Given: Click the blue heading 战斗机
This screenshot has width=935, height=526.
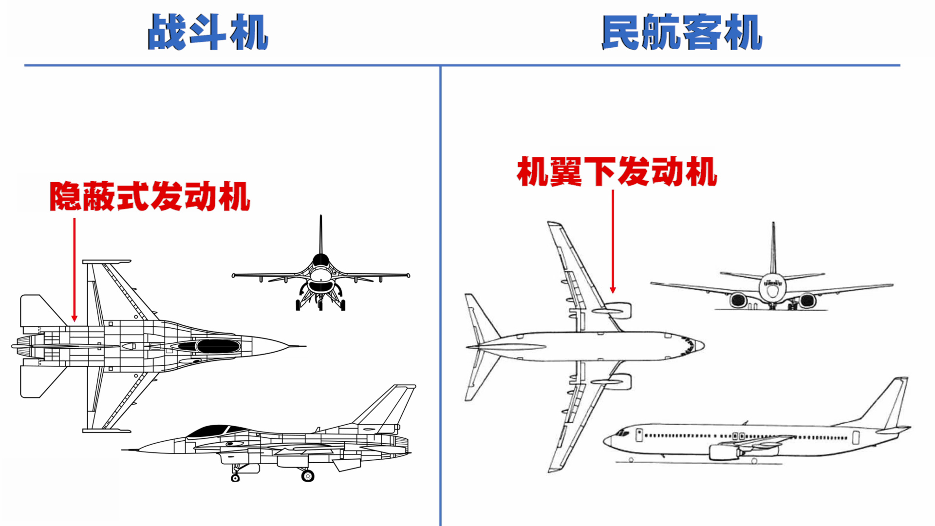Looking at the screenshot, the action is click(x=208, y=32).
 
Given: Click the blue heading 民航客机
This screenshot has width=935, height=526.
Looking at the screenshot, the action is click(x=682, y=32).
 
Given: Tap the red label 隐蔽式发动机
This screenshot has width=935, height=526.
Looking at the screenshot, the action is click(x=150, y=196).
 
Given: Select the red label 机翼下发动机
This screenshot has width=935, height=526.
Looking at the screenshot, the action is click(x=617, y=171).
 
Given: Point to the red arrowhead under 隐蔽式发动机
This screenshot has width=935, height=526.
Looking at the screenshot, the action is click(x=75, y=319).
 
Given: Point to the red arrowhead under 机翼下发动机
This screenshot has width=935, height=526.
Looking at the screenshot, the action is click(x=613, y=290).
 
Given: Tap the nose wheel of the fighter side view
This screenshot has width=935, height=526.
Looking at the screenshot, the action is click(x=235, y=478).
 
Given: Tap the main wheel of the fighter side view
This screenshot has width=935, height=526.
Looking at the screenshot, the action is click(x=307, y=475).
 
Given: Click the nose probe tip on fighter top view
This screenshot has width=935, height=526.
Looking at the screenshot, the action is click(x=304, y=346).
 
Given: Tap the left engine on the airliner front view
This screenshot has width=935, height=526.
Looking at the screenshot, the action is click(x=738, y=300).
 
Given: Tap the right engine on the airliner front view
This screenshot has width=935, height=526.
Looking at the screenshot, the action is click(x=807, y=301).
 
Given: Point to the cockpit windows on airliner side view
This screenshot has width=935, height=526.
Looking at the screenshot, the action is click(x=622, y=432).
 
